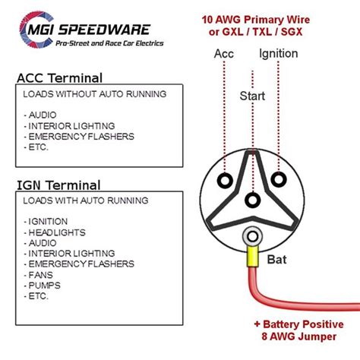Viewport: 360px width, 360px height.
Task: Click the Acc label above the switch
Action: [x=224, y=54]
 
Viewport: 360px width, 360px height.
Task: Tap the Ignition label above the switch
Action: [x=278, y=54]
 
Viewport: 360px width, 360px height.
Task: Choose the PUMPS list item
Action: [x=43, y=285]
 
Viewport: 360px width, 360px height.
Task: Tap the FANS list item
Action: [x=39, y=274]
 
